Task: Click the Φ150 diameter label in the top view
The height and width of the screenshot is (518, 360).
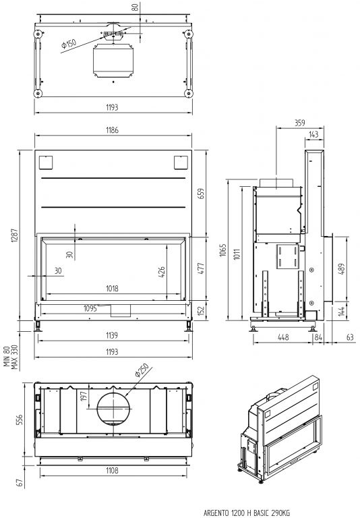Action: [x=69, y=45]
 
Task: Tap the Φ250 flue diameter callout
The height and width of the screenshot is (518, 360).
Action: [x=142, y=370]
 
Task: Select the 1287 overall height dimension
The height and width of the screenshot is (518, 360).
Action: [x=15, y=235]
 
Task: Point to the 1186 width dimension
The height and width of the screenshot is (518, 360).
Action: [x=113, y=130]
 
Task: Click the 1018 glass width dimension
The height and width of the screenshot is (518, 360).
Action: [x=113, y=289]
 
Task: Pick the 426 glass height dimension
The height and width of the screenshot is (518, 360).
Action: [x=162, y=272]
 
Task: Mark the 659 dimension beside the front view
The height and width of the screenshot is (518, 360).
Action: [x=201, y=194]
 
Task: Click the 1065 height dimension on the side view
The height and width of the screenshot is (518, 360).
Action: [x=223, y=250]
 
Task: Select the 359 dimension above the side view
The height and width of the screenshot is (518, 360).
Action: [x=300, y=123]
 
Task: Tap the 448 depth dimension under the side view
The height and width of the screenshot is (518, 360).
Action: [x=283, y=337]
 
